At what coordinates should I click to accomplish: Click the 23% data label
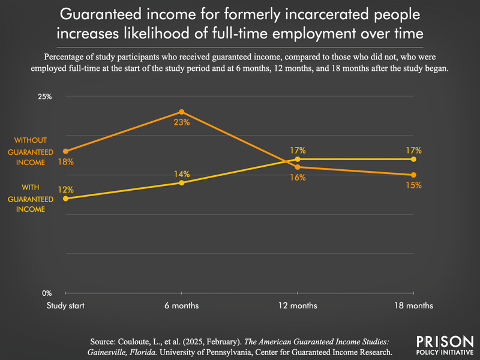[182, 122]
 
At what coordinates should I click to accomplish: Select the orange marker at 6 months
[182, 112]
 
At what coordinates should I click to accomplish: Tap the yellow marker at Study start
[65, 199]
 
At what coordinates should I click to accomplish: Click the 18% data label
[66, 162]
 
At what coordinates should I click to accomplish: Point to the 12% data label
[66, 190]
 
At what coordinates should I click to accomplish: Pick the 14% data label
[182, 174]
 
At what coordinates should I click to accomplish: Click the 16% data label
[298, 177]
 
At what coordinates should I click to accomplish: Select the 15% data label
[414, 185]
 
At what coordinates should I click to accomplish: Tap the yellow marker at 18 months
[414, 159]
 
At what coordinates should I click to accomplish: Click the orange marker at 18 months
[414, 175]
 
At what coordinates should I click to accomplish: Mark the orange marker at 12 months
[298, 167]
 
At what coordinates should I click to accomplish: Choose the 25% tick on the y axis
[46, 97]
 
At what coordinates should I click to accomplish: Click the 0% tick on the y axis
[47, 293]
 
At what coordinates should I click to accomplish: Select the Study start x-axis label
[65, 305]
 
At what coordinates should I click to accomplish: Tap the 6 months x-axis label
[182, 305]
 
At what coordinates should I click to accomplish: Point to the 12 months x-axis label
[298, 305]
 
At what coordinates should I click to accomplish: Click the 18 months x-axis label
[414, 305]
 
